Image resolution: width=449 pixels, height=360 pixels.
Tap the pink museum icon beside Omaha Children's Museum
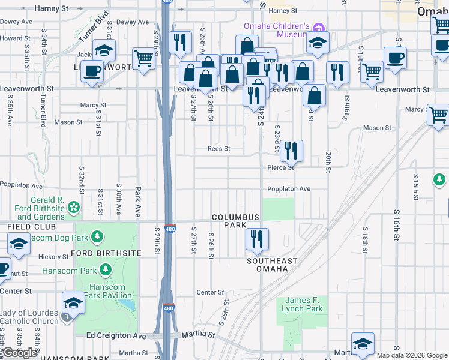coord(319,27)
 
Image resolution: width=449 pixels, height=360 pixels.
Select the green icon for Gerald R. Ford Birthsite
coord(74,207)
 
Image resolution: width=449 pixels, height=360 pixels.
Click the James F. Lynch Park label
coord(303,304)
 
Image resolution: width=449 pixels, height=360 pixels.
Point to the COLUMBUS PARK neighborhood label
coord(235,221)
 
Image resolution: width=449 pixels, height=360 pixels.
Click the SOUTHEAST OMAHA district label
coord(272,265)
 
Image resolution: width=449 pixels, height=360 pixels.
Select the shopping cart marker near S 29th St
coord(143,59)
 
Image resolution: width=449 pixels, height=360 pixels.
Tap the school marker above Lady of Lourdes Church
coord(73,302)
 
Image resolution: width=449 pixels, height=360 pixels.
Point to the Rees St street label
coord(218,149)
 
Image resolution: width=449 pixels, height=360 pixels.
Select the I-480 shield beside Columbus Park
coord(170,229)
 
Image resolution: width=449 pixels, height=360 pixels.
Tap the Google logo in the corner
coord(19,353)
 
